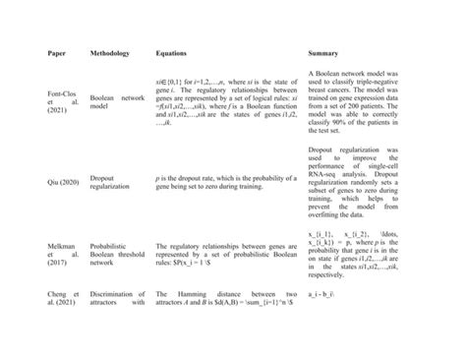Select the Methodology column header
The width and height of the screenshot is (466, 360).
point(109,51)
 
